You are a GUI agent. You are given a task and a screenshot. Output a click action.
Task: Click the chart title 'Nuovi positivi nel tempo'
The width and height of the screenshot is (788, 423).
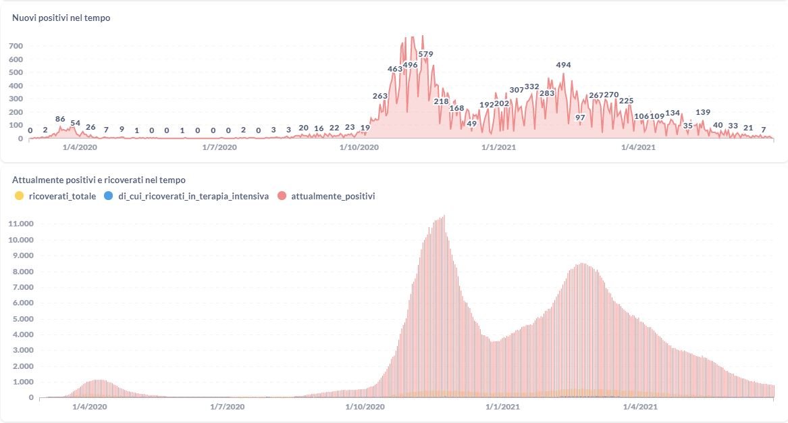coord(61,18)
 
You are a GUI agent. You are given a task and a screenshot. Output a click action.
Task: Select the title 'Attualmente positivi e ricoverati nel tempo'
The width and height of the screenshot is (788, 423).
coord(99,180)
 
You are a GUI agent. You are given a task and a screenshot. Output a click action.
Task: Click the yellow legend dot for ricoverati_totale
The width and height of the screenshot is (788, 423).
coord(18,196)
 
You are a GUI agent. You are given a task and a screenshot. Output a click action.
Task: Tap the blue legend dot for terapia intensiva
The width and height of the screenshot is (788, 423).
coord(109,196)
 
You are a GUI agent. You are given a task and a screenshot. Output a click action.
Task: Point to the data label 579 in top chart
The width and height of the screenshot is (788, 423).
coord(425,54)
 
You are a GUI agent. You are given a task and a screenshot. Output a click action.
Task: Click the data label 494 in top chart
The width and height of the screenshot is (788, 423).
coord(563,66)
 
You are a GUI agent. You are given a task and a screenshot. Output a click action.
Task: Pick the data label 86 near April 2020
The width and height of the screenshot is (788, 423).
coord(60,119)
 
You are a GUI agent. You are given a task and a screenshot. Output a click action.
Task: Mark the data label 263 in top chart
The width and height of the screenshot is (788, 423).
coord(380,96)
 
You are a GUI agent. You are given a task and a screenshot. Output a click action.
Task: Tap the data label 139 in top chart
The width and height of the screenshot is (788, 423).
coord(703,112)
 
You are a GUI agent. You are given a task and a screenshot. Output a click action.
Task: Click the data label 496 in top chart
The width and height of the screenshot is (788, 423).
coord(410,65)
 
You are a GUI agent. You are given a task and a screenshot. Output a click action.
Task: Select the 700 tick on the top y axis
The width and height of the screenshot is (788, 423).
coord(16,47)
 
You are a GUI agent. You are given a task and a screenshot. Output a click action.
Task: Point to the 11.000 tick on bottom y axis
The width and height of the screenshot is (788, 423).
coord(21,224)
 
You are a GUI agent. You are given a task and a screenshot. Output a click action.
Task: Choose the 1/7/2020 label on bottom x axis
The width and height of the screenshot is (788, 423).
coord(227,407)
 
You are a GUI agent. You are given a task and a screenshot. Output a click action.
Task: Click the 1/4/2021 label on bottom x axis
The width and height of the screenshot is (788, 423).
coord(639,407)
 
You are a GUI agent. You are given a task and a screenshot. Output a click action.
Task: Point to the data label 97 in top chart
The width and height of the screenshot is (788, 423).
coord(580,118)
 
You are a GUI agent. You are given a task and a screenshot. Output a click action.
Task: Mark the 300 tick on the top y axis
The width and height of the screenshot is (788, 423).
coord(16,99)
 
